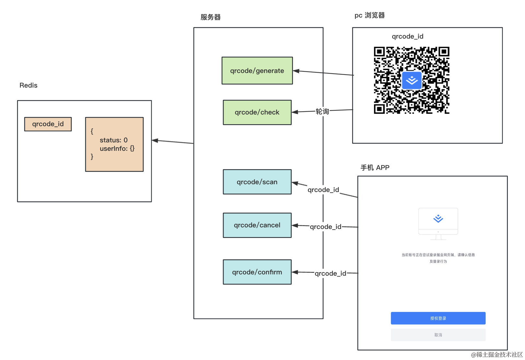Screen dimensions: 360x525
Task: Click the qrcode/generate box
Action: pyautogui.click(x=257, y=71)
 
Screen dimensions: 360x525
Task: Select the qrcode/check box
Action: pyautogui.click(x=257, y=112)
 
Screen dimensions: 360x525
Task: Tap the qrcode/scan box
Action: pyautogui.click(x=257, y=182)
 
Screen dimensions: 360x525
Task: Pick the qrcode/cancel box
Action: pyautogui.click(x=257, y=225)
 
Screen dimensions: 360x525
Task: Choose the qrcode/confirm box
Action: pyautogui.click(x=257, y=272)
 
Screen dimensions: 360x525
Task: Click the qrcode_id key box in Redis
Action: pyautogui.click(x=48, y=124)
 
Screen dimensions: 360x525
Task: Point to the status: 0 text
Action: pyautogui.click(x=113, y=140)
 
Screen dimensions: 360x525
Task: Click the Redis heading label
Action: pyautogui.click(x=29, y=85)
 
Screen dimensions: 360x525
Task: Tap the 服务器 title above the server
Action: pyautogui.click(x=211, y=17)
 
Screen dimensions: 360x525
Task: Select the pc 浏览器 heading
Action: pyautogui.click(x=369, y=15)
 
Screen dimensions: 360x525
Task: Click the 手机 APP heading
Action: pyautogui.click(x=375, y=168)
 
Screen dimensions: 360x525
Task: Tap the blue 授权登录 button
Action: pyautogui.click(x=438, y=318)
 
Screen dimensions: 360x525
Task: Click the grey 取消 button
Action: pyautogui.click(x=438, y=335)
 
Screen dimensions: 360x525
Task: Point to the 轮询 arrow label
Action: pyautogui.click(x=322, y=112)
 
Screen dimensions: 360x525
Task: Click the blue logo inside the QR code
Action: pyautogui.click(x=412, y=80)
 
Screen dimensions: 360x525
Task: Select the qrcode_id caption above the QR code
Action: pyautogui.click(x=407, y=36)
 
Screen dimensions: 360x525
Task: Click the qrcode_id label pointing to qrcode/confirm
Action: pyautogui.click(x=330, y=273)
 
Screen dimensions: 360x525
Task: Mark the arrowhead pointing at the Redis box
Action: pyautogui.click(x=155, y=140)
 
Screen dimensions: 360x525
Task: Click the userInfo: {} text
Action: pyautogui.click(x=117, y=149)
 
